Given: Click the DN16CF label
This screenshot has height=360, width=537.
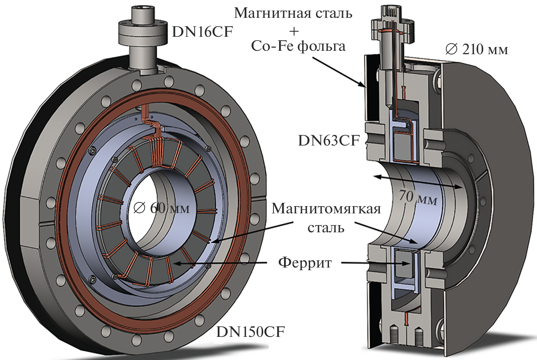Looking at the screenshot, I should [202, 32].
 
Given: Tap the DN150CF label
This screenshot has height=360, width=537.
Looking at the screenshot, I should [250, 332].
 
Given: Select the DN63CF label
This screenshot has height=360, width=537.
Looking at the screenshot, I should [329, 141].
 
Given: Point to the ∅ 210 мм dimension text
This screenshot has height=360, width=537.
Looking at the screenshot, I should [477, 49].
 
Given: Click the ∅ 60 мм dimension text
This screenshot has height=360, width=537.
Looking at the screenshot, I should [161, 208].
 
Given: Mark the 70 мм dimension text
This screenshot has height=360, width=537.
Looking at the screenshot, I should [418, 197].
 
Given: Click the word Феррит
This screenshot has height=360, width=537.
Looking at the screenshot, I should [305, 262].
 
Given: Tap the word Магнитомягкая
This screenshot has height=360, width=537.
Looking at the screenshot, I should [326, 209].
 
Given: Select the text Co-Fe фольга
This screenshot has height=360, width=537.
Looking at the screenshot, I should [298, 46].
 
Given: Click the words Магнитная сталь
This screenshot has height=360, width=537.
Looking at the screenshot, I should [293, 13].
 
